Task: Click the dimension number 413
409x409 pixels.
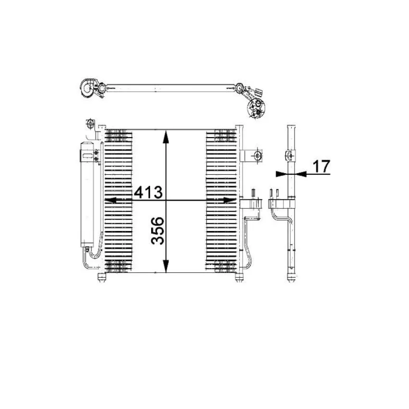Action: (x=148, y=192)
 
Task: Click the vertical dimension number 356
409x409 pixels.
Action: (x=158, y=231)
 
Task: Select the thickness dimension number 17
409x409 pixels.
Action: (x=321, y=166)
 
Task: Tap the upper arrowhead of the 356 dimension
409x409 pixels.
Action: (x=166, y=137)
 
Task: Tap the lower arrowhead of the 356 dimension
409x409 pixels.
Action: (x=166, y=266)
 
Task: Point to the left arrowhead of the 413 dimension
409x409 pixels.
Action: (x=111, y=200)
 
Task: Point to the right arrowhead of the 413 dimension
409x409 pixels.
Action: (x=230, y=200)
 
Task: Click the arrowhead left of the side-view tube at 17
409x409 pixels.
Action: (x=281, y=174)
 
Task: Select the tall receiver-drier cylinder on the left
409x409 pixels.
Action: (x=87, y=194)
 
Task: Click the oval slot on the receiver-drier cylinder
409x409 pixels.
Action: (x=88, y=156)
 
